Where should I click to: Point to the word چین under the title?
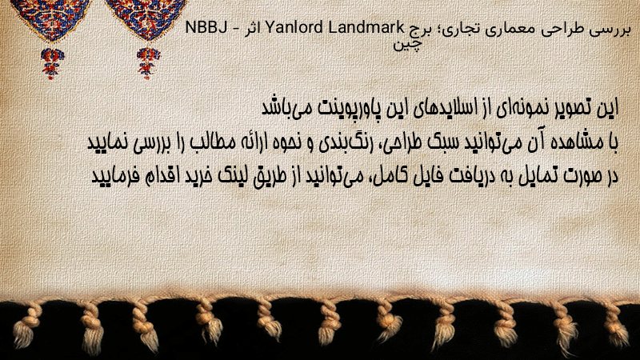(x=408, y=44)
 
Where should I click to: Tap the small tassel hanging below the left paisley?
(x=51, y=63)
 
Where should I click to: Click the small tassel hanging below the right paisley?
(x=148, y=63)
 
